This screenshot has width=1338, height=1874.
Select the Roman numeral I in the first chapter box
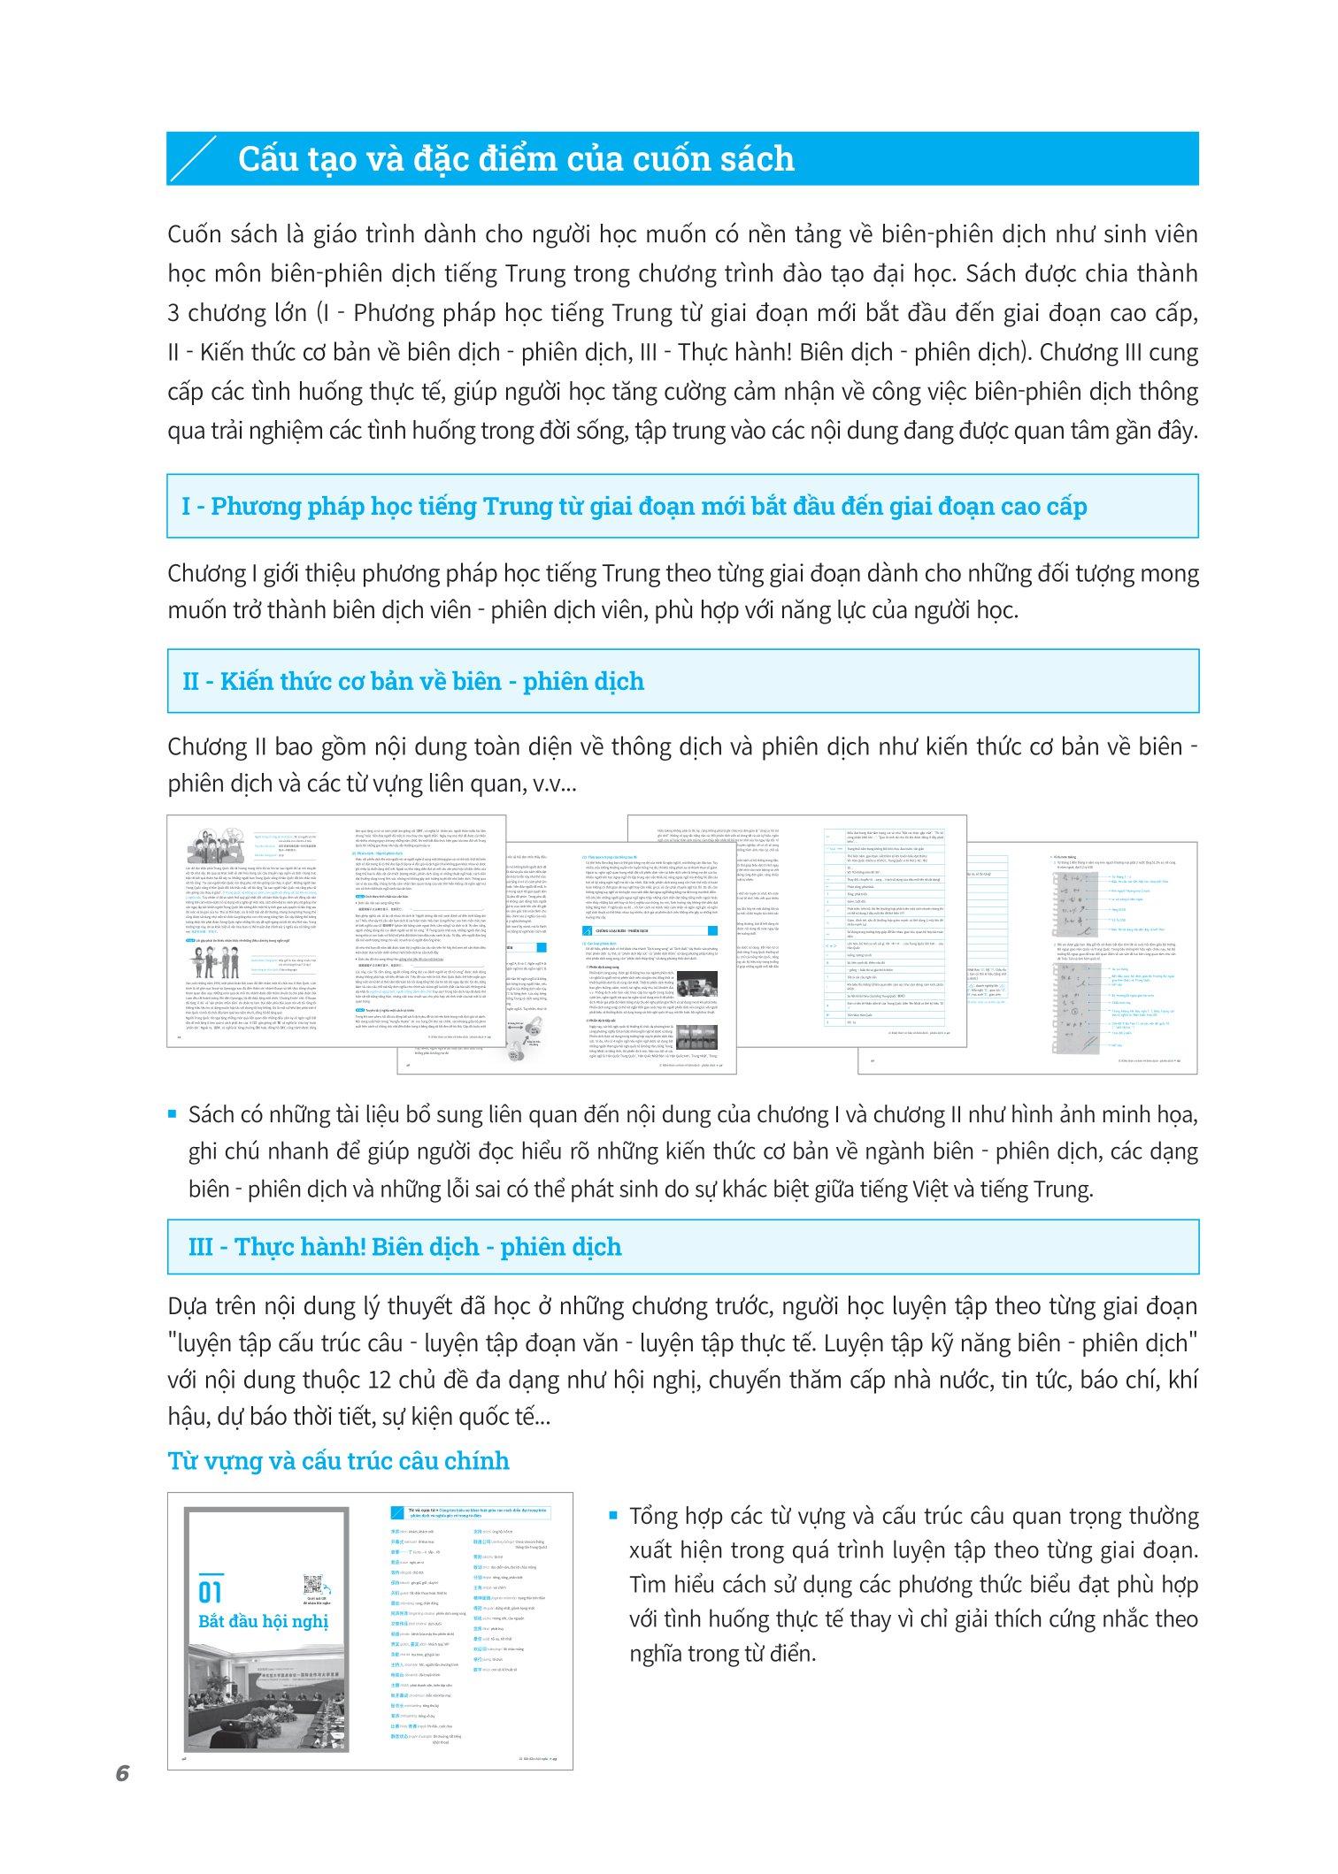point(187,507)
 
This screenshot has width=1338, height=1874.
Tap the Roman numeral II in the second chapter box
point(190,681)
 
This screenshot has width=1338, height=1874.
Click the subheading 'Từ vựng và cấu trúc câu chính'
point(338,1459)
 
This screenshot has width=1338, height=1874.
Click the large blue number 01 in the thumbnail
point(210,1592)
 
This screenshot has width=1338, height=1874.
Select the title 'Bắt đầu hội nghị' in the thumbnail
point(263,1621)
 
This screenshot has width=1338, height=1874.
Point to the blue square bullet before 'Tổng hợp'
point(612,1516)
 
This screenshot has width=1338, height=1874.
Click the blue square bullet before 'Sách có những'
point(173,1114)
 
